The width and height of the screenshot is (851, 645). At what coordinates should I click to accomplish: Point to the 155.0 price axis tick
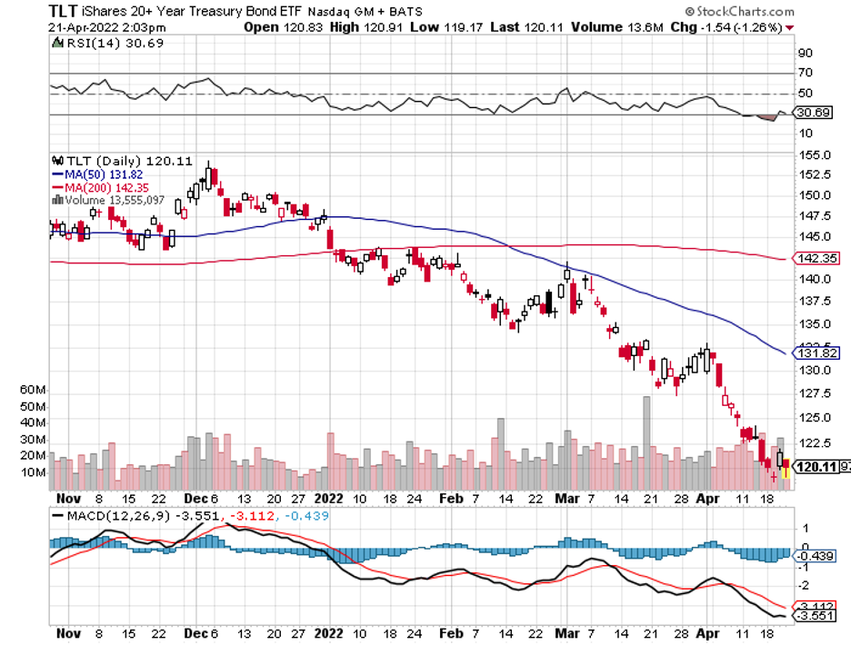point(814,155)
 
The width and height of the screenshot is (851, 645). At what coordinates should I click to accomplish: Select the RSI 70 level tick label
point(806,73)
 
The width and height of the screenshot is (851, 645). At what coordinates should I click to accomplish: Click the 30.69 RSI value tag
point(815,113)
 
